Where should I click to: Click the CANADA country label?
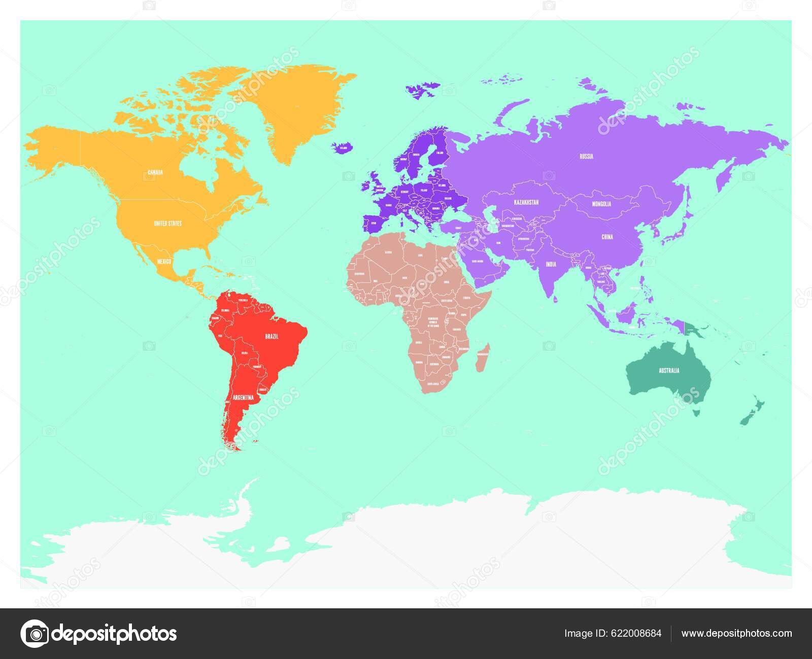click(155, 172)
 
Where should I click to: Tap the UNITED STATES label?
click(168, 223)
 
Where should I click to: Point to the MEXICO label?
click(163, 261)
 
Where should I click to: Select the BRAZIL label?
click(272, 336)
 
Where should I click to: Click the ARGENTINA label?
click(242, 398)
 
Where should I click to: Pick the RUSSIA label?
click(586, 157)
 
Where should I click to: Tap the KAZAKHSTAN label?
click(526, 202)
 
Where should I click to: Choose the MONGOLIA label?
click(601, 204)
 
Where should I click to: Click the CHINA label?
click(607, 237)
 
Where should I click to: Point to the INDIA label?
click(551, 264)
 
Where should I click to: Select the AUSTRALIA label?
click(669, 371)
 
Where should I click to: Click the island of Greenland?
click(294, 106)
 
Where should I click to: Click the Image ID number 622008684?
click(613, 633)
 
